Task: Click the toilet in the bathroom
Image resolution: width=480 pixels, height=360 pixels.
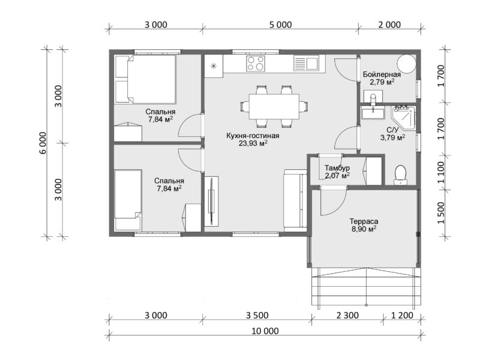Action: (x=400, y=175)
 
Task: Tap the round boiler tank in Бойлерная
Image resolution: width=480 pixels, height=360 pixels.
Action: (x=407, y=64)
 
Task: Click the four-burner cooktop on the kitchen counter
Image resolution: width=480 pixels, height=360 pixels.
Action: (x=256, y=64)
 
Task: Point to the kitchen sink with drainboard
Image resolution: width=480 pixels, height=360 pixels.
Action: (x=306, y=63)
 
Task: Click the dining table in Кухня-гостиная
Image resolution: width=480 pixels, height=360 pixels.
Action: (x=274, y=107)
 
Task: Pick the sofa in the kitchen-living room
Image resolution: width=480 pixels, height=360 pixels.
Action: (x=295, y=200)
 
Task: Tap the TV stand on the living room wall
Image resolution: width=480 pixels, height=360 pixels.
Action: (x=211, y=201)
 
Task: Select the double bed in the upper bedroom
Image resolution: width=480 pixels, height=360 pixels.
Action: (x=145, y=79)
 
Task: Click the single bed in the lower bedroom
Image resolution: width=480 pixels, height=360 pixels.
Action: (x=128, y=200)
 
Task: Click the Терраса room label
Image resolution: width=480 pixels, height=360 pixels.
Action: (x=364, y=221)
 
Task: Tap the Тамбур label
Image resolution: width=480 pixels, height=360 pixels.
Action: (x=337, y=168)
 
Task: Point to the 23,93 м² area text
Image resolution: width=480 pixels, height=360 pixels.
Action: (x=253, y=143)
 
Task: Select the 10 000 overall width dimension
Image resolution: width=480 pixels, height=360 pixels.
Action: (x=265, y=331)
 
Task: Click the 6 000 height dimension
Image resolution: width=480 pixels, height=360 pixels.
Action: (x=43, y=143)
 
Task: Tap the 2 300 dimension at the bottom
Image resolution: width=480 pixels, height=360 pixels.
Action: (x=347, y=315)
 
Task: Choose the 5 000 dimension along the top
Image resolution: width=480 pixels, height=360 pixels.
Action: (x=280, y=25)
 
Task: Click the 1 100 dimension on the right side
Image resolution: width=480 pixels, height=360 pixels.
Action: (x=441, y=172)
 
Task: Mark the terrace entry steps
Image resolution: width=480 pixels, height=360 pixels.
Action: (x=367, y=286)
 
